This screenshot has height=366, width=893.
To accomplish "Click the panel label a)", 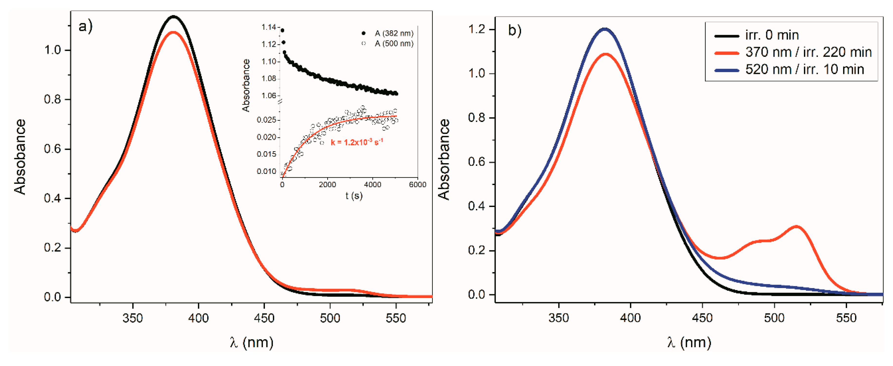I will click(x=85, y=27).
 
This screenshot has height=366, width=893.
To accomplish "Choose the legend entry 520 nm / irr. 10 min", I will click(x=804, y=69).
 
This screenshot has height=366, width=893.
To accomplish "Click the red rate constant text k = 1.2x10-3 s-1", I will click(x=357, y=142).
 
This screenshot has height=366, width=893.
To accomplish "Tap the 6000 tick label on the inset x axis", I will click(x=417, y=185).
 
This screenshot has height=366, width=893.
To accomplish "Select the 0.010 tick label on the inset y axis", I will click(x=266, y=171).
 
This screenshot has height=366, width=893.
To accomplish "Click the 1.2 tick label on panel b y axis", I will click(x=477, y=29).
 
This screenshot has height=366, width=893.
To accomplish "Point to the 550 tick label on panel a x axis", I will click(x=396, y=318).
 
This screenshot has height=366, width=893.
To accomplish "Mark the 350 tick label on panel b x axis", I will click(x=559, y=318).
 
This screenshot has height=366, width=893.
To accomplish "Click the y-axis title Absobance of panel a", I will click(x=20, y=157).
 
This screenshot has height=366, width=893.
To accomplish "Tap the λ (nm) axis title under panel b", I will click(x=689, y=342).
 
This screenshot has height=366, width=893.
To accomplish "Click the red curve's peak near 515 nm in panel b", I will click(x=796, y=226).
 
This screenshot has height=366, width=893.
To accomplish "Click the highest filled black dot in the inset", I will click(x=282, y=30).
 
